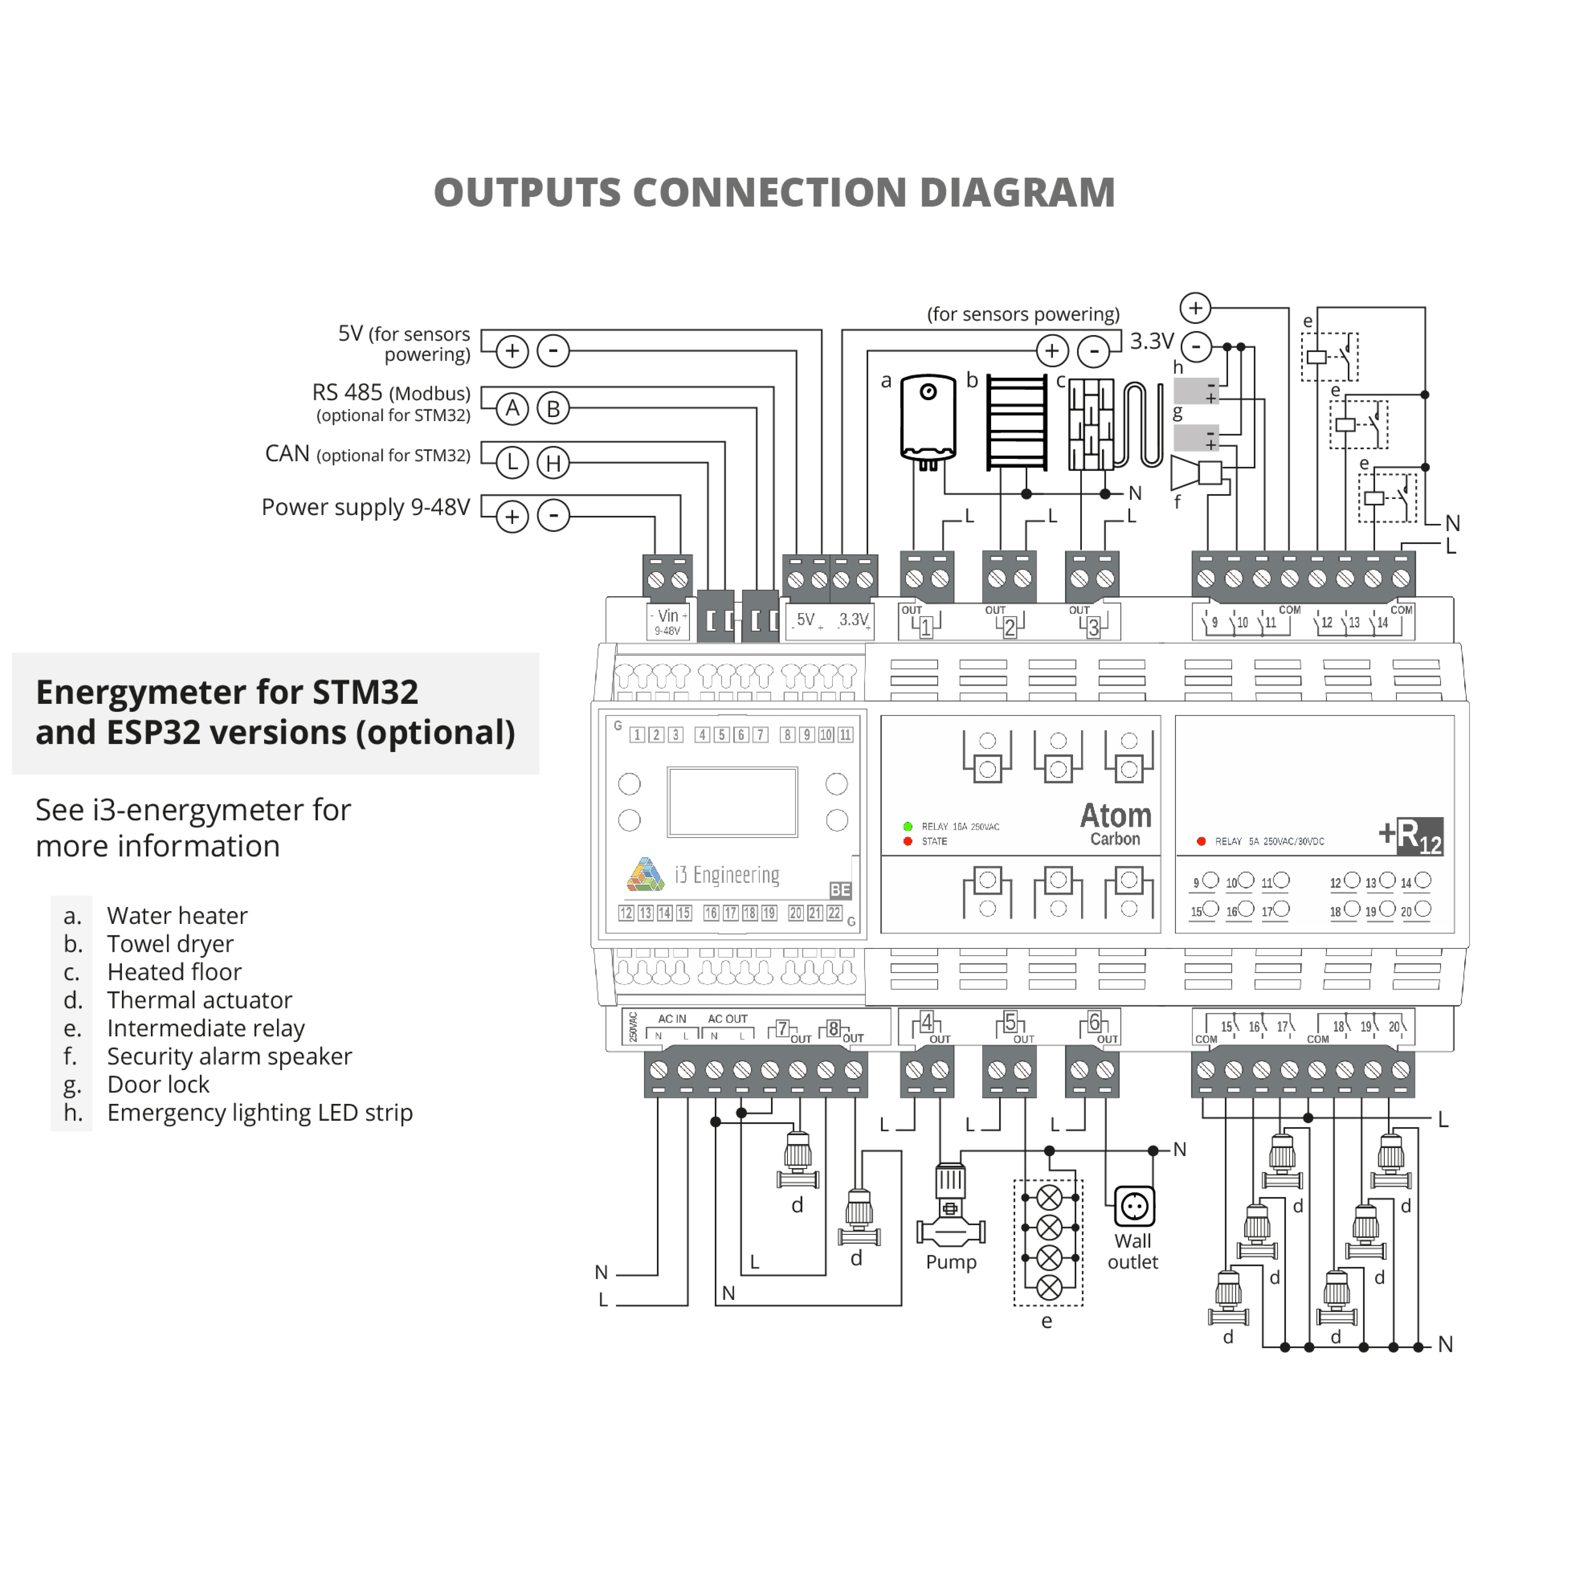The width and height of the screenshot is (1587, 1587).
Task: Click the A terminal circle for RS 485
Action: (512, 408)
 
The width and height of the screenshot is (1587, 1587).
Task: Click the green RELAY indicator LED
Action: (908, 826)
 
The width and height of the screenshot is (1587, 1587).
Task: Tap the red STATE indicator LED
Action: (908, 841)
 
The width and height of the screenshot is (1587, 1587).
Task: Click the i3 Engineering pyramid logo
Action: (646, 875)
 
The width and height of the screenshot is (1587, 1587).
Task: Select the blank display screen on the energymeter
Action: (732, 802)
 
